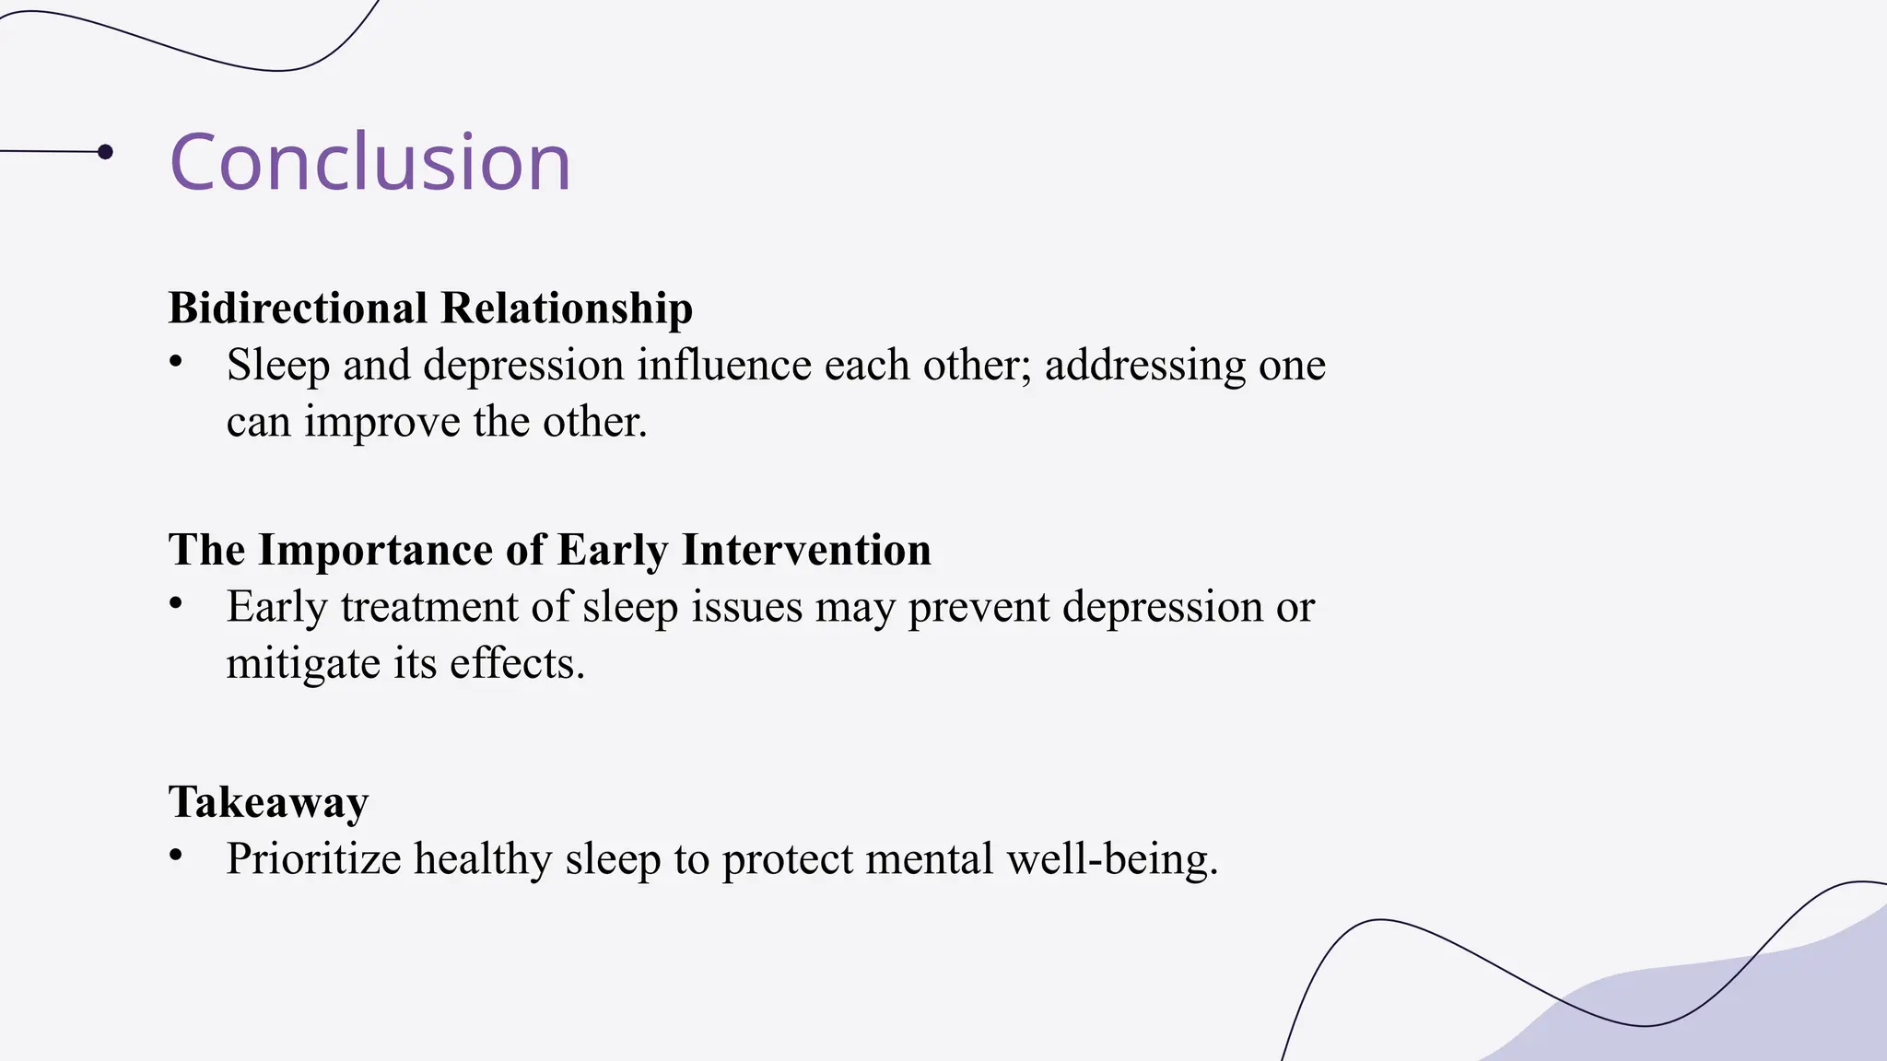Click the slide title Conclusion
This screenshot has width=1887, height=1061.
point(369,162)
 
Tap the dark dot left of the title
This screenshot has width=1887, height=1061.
point(105,152)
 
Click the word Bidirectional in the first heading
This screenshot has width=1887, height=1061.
point(298,308)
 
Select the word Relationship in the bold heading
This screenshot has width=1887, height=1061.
point(567,308)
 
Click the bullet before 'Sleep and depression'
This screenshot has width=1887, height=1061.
point(176,362)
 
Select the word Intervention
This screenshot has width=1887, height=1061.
point(806,550)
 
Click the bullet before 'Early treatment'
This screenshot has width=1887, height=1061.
point(176,604)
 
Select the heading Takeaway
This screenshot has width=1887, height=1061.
point(268,801)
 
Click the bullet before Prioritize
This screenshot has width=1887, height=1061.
point(176,856)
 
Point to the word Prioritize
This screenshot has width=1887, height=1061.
point(313,859)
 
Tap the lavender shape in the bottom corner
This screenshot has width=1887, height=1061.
point(1751,1013)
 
